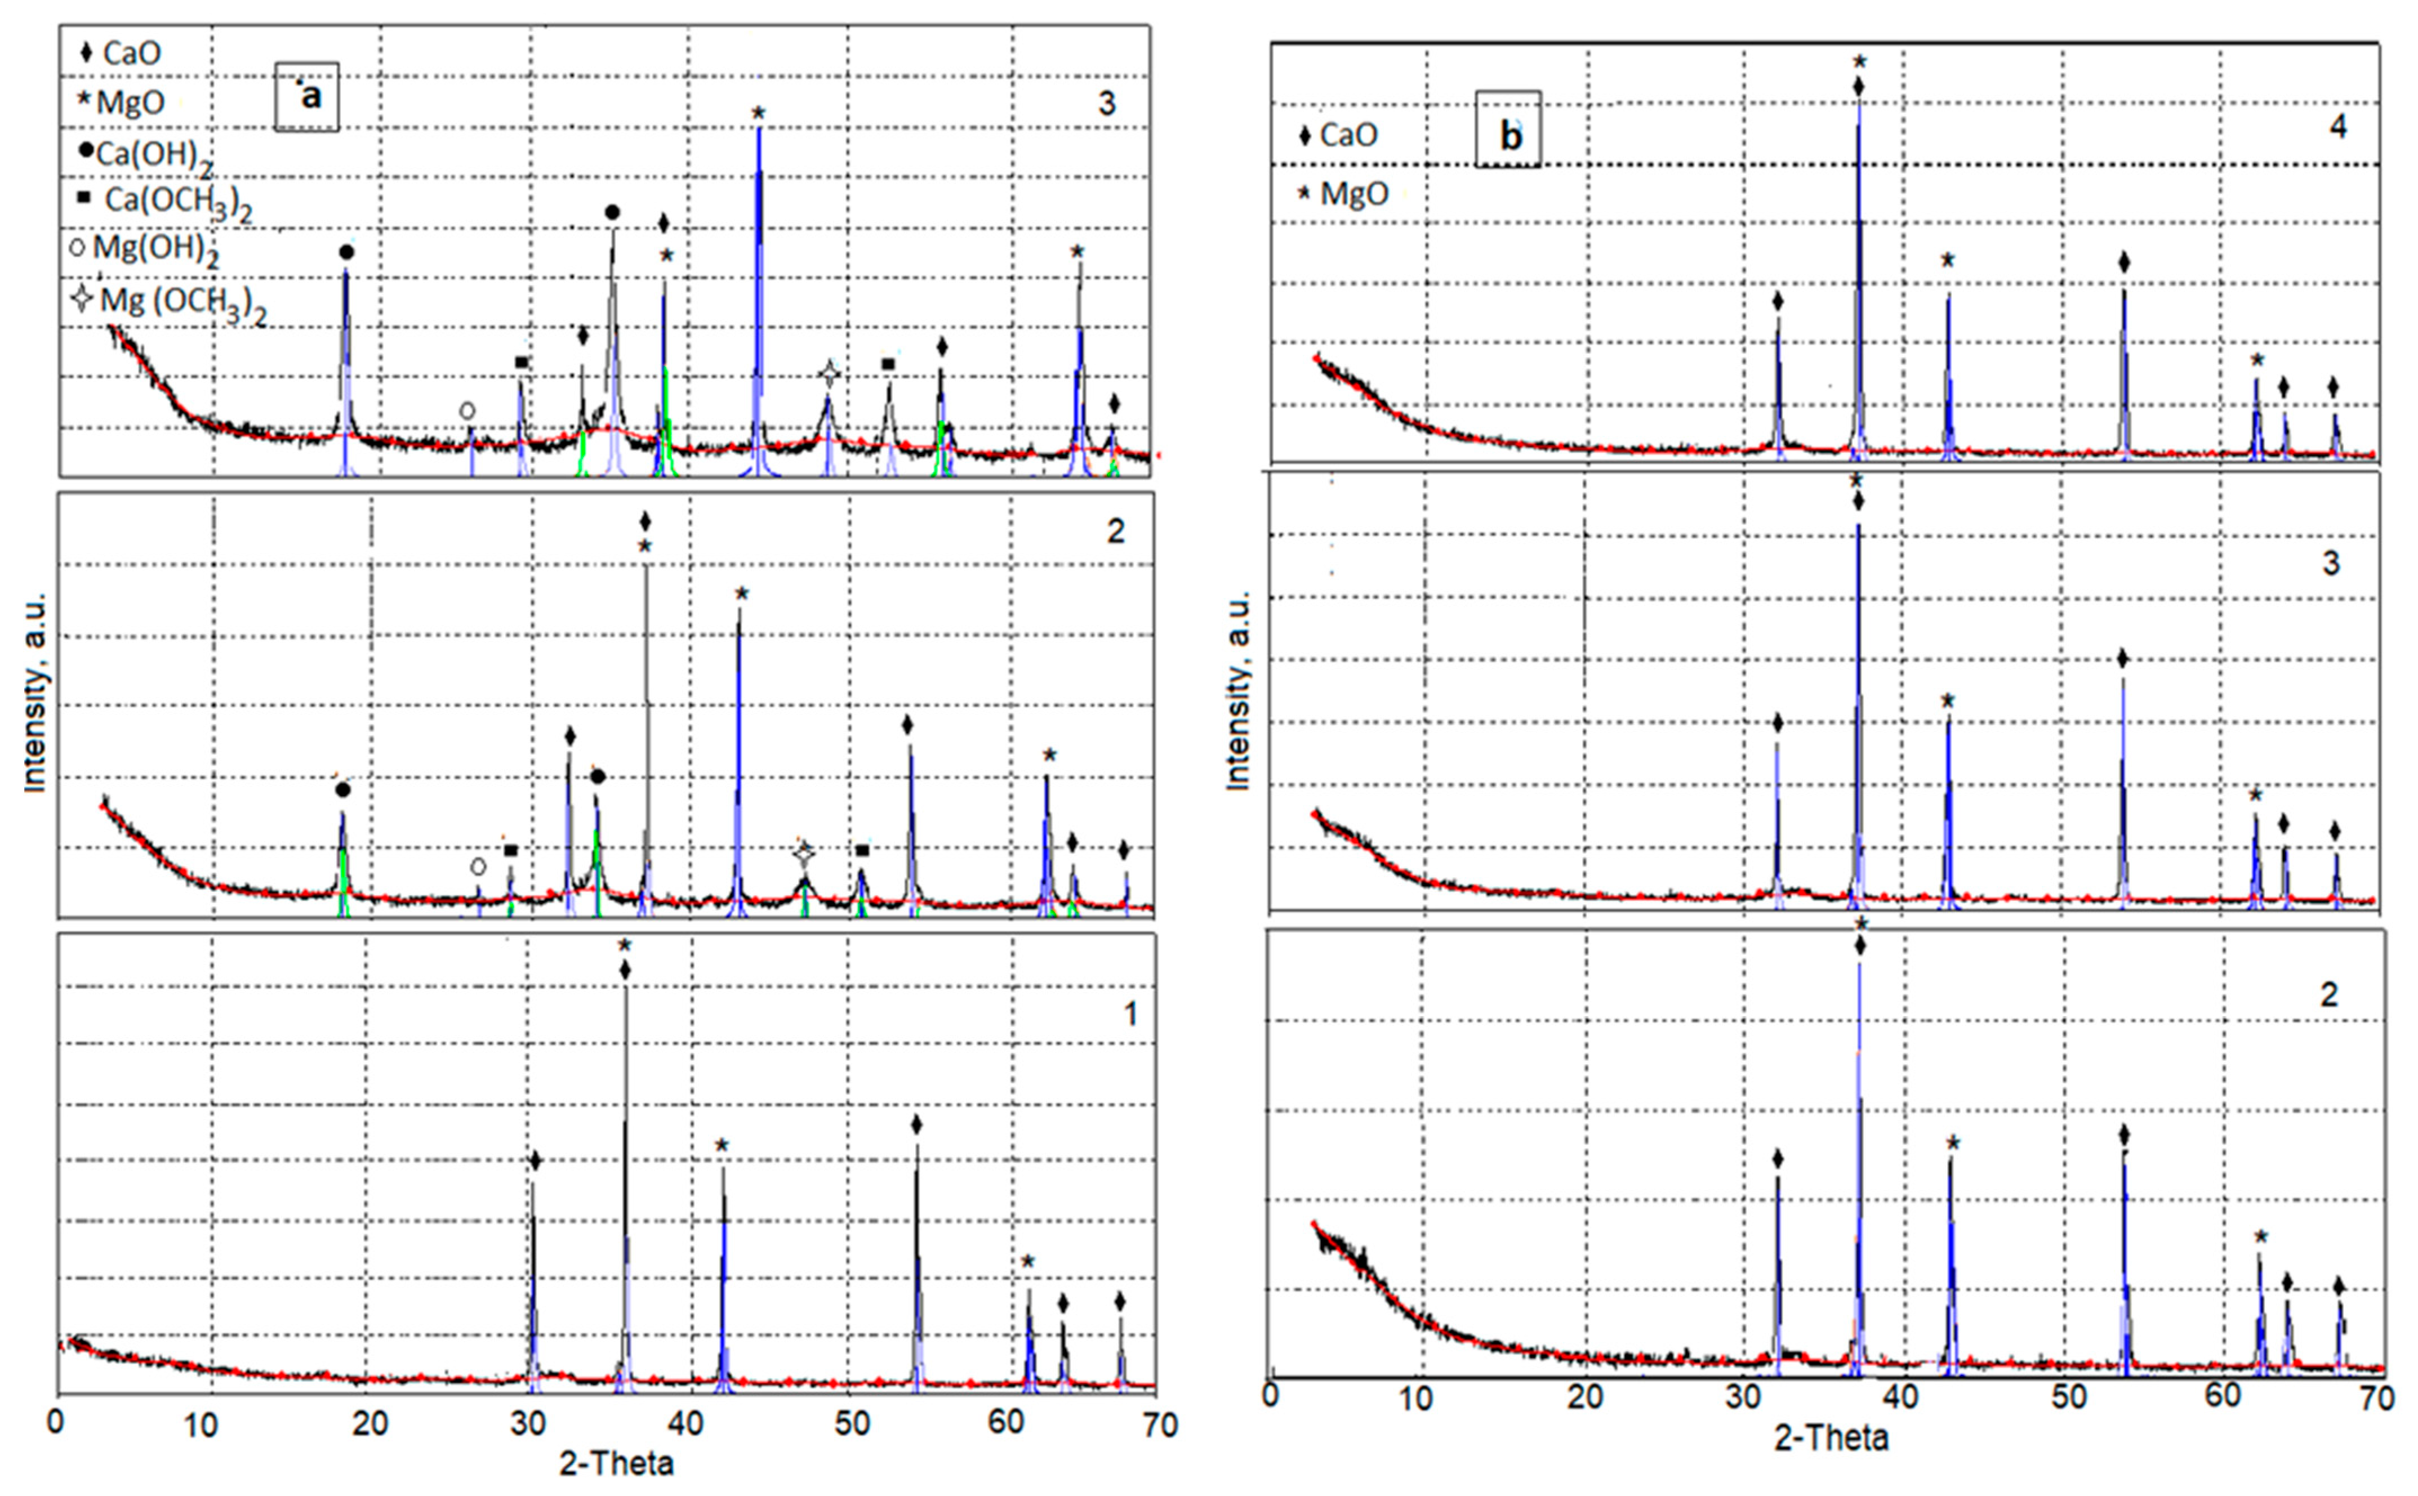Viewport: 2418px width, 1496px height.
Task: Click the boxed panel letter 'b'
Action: (x=1508, y=135)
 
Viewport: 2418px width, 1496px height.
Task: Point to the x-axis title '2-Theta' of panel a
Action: (x=616, y=1462)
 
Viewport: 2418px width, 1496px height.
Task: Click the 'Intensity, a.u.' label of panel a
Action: (x=35, y=693)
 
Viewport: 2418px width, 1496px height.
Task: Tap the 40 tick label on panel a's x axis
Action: (x=685, y=1424)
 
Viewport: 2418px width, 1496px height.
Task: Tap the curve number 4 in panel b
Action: (x=2338, y=127)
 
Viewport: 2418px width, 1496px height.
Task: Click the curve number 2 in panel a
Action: (x=1115, y=532)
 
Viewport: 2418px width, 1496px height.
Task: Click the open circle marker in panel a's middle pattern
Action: (x=478, y=867)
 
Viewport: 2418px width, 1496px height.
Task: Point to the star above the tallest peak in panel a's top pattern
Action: (x=758, y=113)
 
